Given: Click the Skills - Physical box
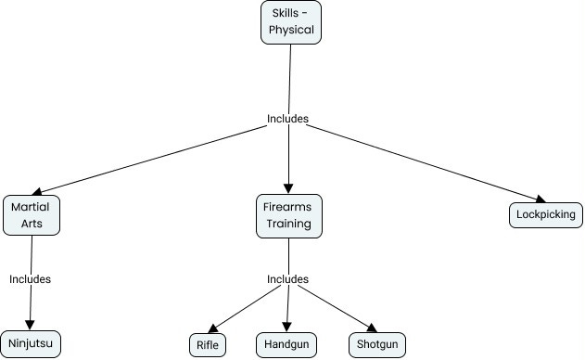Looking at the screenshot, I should click(x=291, y=21).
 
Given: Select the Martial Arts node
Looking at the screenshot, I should click(x=32, y=214).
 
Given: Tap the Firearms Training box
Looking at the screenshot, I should click(x=288, y=214).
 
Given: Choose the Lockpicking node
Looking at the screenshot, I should click(x=546, y=215).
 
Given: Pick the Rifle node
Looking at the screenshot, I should click(x=207, y=345).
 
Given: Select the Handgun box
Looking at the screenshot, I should click(x=287, y=345).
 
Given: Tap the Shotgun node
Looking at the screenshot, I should click(x=377, y=345).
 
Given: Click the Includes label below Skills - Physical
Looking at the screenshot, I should click(x=287, y=119).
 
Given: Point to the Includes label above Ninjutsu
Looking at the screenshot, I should click(x=30, y=278).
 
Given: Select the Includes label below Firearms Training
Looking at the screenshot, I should click(x=287, y=279).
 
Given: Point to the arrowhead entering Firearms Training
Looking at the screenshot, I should click(x=288, y=188).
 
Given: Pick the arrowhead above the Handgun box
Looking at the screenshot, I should click(x=287, y=327).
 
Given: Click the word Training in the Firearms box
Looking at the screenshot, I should click(x=288, y=224).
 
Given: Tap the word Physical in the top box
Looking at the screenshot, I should click(x=291, y=30).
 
